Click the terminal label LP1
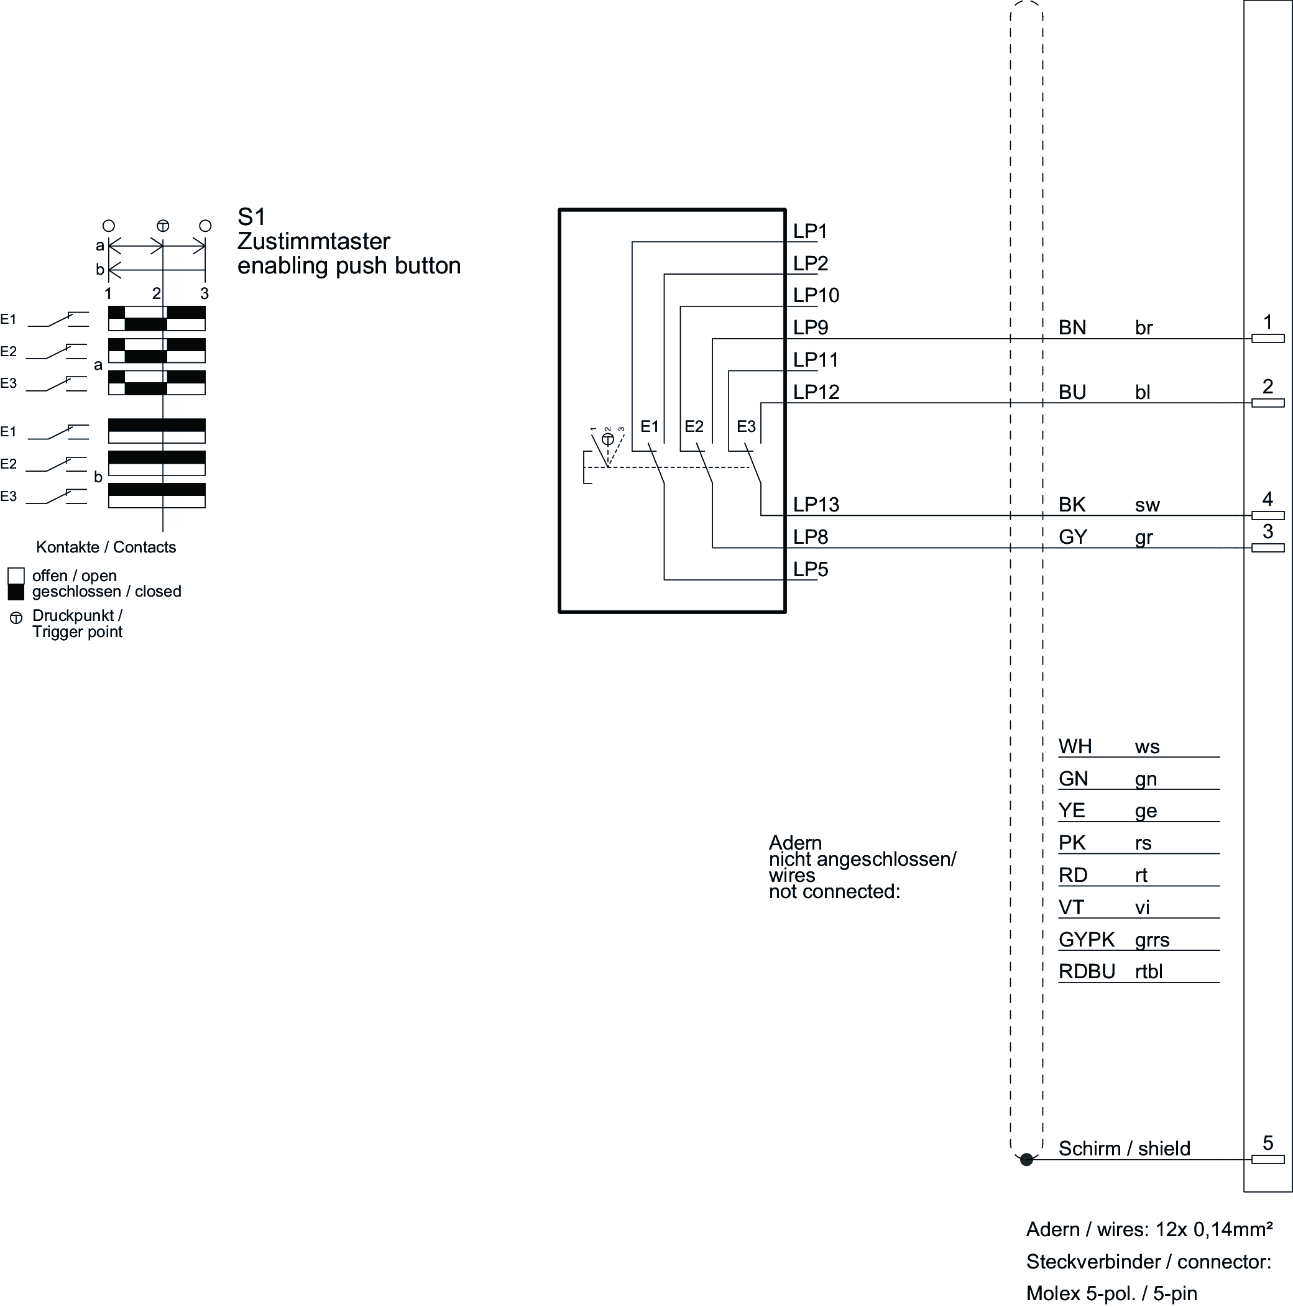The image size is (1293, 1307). (810, 231)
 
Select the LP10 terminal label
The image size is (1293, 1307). (816, 296)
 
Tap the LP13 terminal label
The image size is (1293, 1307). (816, 505)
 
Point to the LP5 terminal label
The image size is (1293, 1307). (810, 570)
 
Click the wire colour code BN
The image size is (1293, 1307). (1072, 328)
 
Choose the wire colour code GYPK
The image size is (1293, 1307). (1086, 940)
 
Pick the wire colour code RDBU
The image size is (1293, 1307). (1086, 971)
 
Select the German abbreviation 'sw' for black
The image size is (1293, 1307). (1147, 505)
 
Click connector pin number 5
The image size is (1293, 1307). (1268, 1144)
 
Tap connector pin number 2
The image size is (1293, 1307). (1268, 387)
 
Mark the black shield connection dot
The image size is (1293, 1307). (1026, 1160)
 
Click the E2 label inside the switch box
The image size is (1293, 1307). (694, 427)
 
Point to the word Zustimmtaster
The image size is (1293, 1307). (313, 242)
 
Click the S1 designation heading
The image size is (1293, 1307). (251, 217)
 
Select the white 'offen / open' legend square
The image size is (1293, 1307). (16, 576)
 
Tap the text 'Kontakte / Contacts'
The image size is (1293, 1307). (106, 548)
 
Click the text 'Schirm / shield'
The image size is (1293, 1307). (1124, 1149)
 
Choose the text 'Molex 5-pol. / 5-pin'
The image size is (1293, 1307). (1111, 1293)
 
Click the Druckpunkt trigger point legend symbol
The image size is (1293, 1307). (16, 618)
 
